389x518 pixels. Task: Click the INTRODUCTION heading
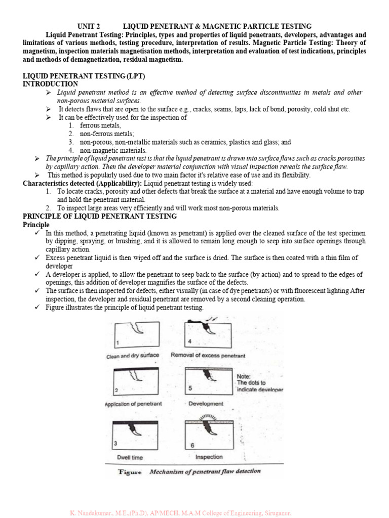(x=51, y=83)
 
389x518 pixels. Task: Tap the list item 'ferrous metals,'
(x=100, y=125)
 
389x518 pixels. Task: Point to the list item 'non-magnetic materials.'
(x=113, y=150)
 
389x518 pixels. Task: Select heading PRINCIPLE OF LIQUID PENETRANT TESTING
(x=100, y=216)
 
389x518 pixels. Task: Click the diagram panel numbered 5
(x=208, y=382)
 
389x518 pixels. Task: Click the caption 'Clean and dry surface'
(x=133, y=356)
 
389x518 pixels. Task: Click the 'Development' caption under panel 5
(x=205, y=404)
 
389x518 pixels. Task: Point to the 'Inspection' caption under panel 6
(x=209, y=457)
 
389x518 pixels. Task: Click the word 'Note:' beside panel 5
(x=246, y=376)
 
